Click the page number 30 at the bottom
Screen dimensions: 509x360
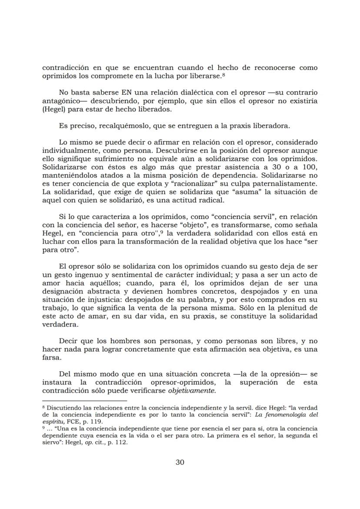tap(180, 462)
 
